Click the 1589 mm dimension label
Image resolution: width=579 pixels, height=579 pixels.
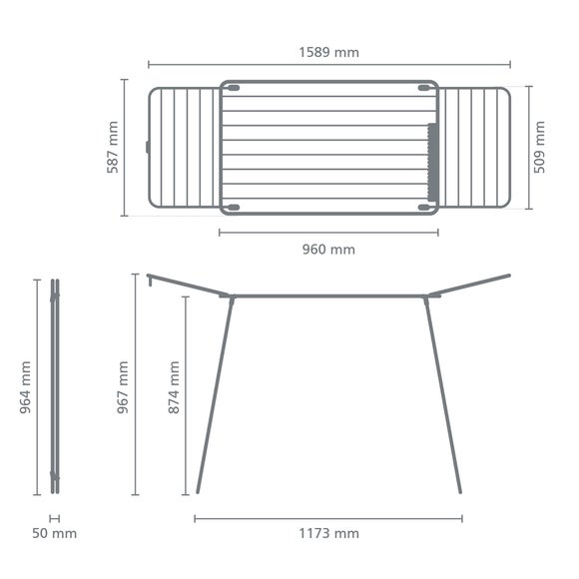click(328, 52)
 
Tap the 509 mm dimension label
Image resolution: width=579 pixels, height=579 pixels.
click(539, 147)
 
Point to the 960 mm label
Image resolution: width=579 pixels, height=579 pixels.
click(328, 249)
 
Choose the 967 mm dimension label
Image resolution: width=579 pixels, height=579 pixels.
click(122, 387)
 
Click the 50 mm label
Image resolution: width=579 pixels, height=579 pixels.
click(54, 534)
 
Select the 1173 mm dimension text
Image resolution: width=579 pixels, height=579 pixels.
click(328, 534)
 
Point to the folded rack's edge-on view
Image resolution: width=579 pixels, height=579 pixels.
click(55, 387)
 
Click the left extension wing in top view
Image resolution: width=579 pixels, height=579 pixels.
click(184, 147)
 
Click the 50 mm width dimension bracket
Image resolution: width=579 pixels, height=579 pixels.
click(54, 517)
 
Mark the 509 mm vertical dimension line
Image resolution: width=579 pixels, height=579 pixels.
click(525, 147)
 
